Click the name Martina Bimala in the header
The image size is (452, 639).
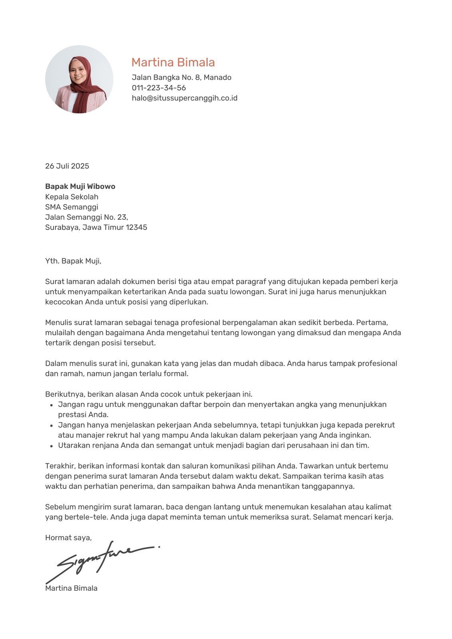173,62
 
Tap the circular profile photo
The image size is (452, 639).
79,79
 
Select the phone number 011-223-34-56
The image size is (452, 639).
159,88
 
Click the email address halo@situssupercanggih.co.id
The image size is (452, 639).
185,98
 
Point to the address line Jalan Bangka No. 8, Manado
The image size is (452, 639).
181,77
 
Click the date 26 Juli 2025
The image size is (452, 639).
67,166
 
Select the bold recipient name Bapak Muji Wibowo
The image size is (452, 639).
80,187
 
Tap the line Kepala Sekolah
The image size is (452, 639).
72,197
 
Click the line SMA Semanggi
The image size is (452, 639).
72,207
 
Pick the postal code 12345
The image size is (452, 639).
136,228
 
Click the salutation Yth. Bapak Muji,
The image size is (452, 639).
73,261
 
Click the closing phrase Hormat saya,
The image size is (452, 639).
68,538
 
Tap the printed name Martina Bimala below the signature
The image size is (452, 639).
71,588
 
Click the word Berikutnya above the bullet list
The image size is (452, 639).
65,395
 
